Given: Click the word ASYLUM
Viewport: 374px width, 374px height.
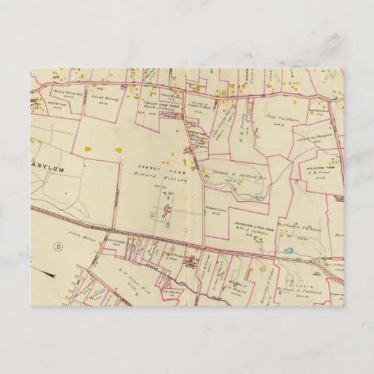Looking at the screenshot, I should pos(49,169).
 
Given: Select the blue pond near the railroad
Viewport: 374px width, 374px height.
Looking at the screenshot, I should pos(287,251).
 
